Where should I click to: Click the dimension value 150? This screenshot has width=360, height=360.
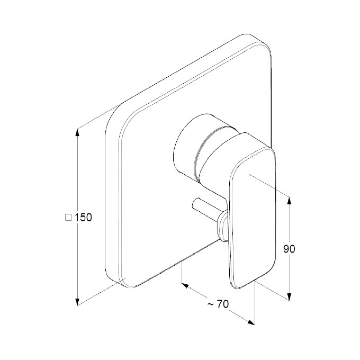pyautogui.click(x=83, y=218)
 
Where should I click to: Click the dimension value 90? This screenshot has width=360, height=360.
pyautogui.click(x=289, y=249)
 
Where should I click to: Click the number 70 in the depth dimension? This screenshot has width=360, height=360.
pyautogui.click(x=223, y=304)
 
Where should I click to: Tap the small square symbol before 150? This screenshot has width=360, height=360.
pyautogui.click(x=68, y=218)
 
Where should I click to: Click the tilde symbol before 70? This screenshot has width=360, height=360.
pyautogui.click(x=211, y=304)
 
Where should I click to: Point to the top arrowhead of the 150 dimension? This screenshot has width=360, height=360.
pyautogui.click(x=77, y=133)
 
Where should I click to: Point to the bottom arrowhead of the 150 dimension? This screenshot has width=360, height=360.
pyautogui.click(x=77, y=301)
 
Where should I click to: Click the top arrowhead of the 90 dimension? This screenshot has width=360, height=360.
pyautogui.click(x=289, y=201)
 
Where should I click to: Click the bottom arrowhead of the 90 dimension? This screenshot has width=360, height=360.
pyautogui.click(x=289, y=296)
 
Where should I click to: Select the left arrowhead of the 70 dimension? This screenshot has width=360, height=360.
pyautogui.click(x=185, y=285)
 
